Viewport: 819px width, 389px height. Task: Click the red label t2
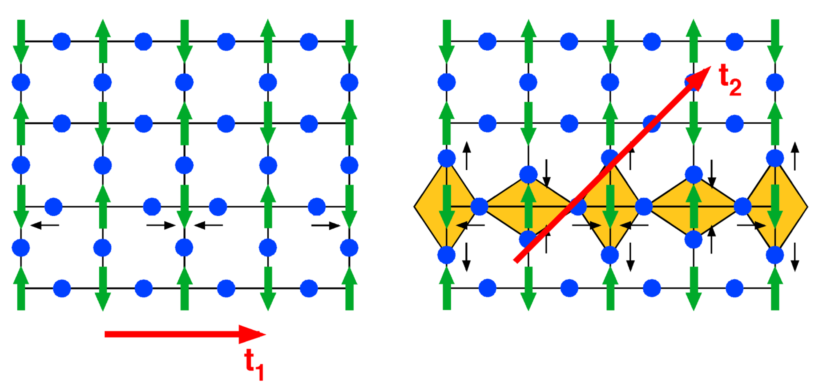click(x=730, y=79)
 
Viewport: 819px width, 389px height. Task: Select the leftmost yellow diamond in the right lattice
click(x=445, y=207)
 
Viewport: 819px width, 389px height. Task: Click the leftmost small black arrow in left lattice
click(x=45, y=226)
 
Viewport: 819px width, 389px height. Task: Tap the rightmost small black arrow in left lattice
click(x=326, y=226)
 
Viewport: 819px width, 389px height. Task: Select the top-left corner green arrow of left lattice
click(x=21, y=41)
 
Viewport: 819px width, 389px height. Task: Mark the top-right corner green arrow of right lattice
click(x=775, y=41)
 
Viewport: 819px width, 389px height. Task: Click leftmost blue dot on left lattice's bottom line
click(x=62, y=288)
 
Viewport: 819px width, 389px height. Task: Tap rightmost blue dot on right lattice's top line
click(x=735, y=41)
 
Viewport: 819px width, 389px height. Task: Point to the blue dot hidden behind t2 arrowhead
click(x=693, y=82)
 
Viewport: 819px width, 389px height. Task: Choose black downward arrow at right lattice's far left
click(x=466, y=257)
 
